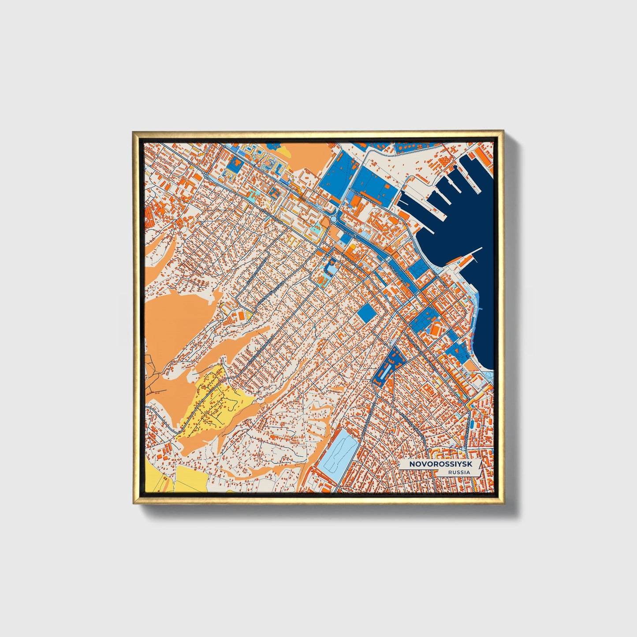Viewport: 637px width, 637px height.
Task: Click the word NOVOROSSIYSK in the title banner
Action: coord(434,464)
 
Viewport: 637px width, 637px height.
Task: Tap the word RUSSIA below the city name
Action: coord(458,473)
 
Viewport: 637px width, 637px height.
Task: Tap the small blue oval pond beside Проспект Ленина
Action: coord(472,424)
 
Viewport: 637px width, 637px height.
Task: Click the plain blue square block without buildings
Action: coord(366,313)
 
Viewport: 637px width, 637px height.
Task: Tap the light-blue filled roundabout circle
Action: coord(206,175)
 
